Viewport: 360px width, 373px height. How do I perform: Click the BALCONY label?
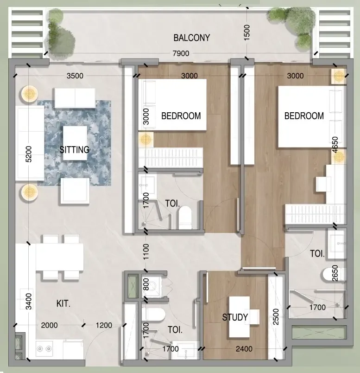191,38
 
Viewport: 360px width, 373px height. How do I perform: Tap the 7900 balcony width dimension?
181,54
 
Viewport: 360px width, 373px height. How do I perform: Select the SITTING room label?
74,150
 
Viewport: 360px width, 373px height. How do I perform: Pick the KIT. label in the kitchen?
63,304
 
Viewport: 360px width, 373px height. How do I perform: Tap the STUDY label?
235,317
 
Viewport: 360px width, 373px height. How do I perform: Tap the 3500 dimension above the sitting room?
75,76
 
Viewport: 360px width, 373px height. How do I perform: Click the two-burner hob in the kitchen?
44,348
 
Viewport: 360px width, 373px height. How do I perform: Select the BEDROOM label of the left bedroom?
181,116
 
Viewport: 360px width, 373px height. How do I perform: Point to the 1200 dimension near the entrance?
104,325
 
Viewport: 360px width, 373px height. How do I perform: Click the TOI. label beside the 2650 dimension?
318,254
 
